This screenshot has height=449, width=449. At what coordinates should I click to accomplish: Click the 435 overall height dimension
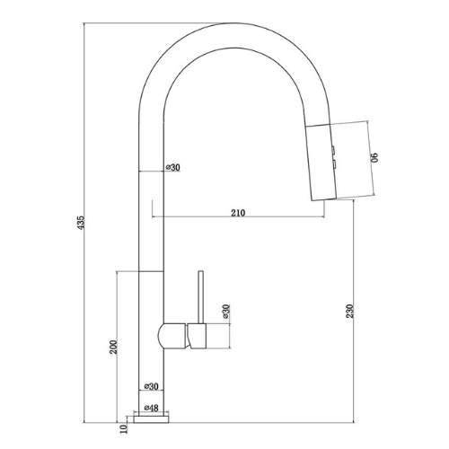point(81,223)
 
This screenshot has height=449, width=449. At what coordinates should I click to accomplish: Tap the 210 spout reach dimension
point(238,213)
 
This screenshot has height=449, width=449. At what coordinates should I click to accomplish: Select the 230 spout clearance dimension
point(350,311)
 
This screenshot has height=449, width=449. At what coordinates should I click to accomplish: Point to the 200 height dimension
point(114,347)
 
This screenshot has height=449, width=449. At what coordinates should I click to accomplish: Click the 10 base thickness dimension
point(123,428)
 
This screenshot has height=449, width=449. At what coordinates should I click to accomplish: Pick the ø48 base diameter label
point(152,408)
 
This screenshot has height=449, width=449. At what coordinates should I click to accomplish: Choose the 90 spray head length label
point(374,157)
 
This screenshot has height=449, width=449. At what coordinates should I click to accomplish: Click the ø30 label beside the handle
point(225,312)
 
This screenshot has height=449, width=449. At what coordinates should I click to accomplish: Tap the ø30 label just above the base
point(151,386)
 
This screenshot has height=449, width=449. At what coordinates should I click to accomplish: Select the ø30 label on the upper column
point(173,167)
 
